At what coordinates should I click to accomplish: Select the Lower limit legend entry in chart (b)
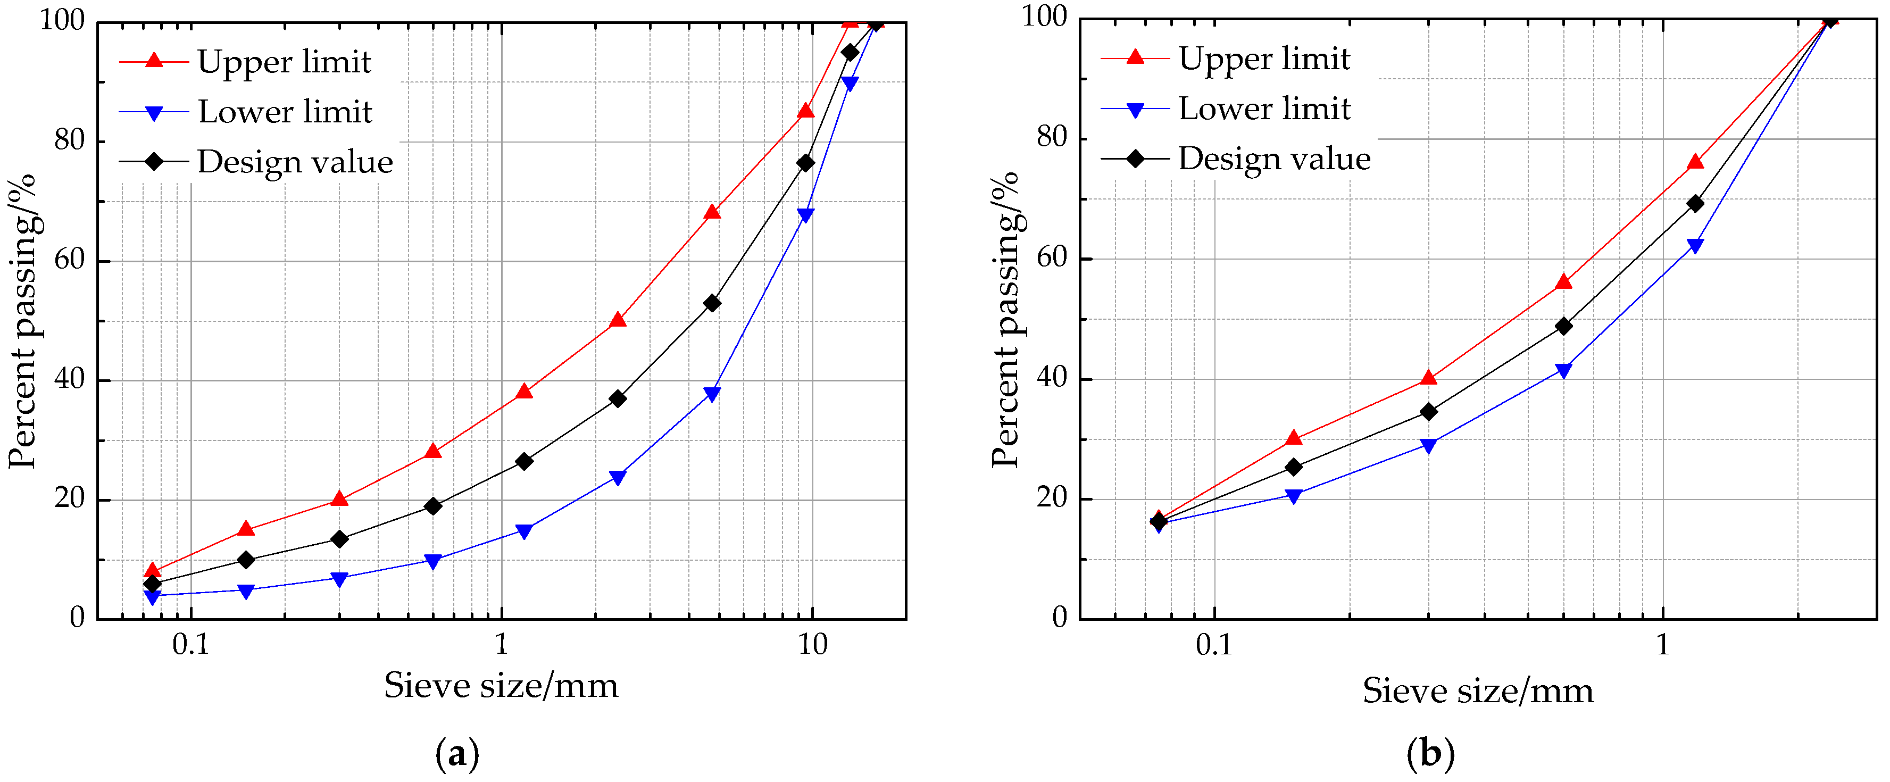(1263, 109)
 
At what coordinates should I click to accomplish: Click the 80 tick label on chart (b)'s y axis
(1051, 137)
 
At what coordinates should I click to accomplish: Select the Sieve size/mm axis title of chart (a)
(501, 686)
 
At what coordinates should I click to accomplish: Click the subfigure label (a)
(457, 753)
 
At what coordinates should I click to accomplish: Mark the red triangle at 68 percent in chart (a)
(712, 213)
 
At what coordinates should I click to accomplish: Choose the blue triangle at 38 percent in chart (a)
(712, 394)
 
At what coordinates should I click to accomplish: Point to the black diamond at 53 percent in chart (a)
(712, 303)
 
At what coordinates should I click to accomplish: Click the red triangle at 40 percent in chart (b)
(1428, 379)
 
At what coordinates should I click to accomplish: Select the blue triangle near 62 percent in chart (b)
(1695, 246)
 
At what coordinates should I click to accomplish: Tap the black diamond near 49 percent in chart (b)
(1563, 326)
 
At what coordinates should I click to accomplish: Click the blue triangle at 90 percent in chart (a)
(850, 84)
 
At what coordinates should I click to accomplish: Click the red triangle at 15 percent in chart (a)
(246, 529)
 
